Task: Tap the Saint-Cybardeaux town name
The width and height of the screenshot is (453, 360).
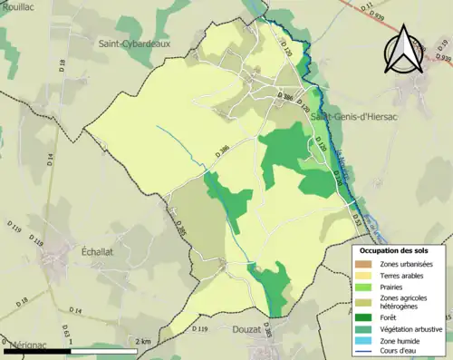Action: [137, 43]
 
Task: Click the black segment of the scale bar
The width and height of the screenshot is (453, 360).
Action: [35, 350]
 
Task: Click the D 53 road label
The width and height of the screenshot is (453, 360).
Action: [355, 219]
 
